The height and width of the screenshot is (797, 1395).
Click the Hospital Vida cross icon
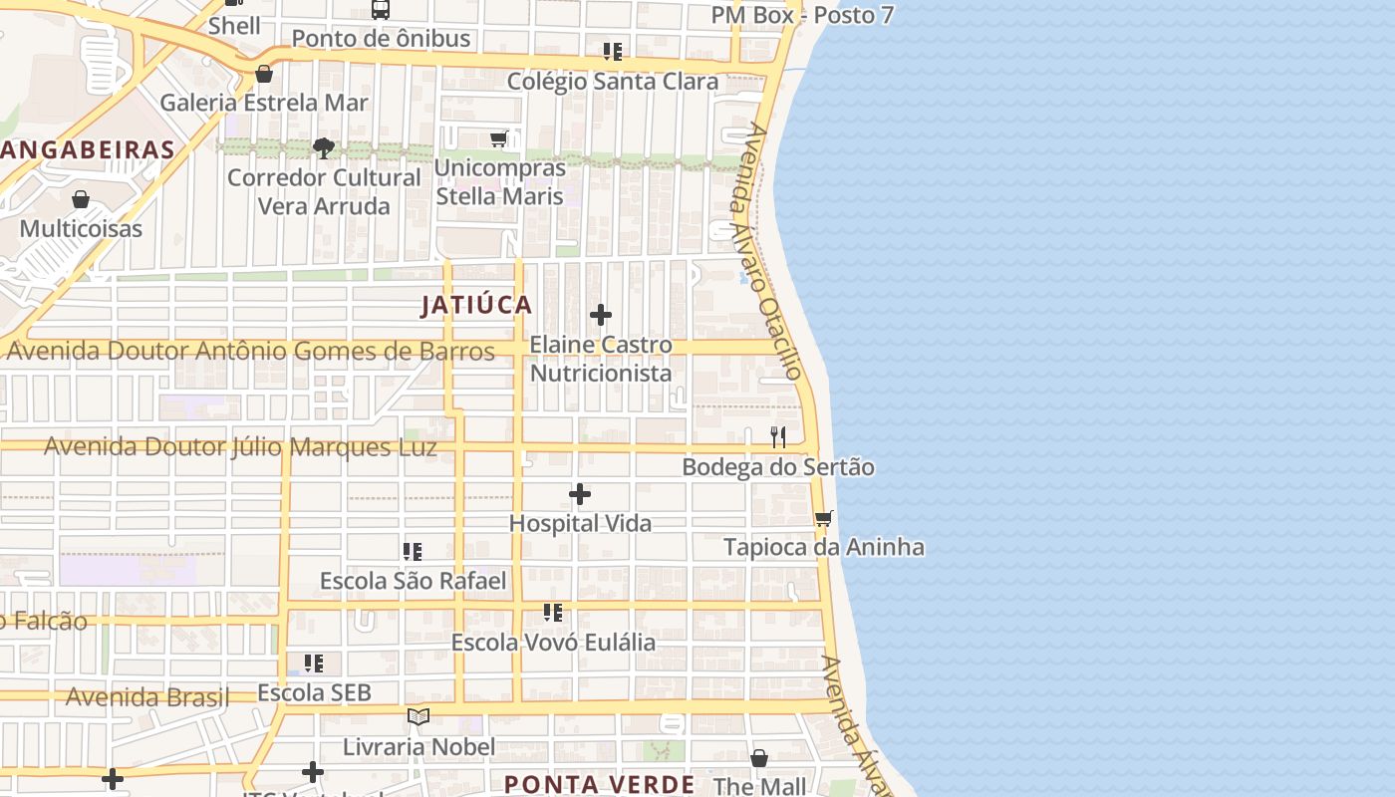(580, 494)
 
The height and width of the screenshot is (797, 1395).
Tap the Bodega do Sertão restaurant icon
(778, 436)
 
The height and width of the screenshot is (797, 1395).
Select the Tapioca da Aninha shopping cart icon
(824, 518)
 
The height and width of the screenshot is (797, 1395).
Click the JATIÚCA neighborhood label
(476, 305)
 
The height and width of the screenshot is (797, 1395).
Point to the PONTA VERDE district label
(599, 784)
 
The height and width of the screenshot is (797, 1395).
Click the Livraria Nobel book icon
(418, 716)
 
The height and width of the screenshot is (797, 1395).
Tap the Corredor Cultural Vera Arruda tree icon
(323, 148)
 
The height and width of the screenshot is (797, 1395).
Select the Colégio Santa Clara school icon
(612, 51)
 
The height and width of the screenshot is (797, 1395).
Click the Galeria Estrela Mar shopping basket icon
(264, 74)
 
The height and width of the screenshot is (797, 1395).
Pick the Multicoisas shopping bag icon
(81, 199)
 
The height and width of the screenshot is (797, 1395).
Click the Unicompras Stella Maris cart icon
(499, 138)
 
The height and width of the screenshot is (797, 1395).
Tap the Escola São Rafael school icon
(413, 551)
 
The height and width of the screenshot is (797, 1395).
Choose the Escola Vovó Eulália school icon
(553, 612)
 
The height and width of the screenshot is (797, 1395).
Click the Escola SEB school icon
(314, 663)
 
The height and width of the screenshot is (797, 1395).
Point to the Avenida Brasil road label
(147, 697)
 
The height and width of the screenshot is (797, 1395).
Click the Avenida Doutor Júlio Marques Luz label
(240, 446)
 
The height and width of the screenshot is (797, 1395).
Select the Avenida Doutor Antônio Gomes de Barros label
(250, 351)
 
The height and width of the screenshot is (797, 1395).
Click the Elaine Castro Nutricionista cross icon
(601, 315)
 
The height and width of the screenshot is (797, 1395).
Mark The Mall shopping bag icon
(759, 758)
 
